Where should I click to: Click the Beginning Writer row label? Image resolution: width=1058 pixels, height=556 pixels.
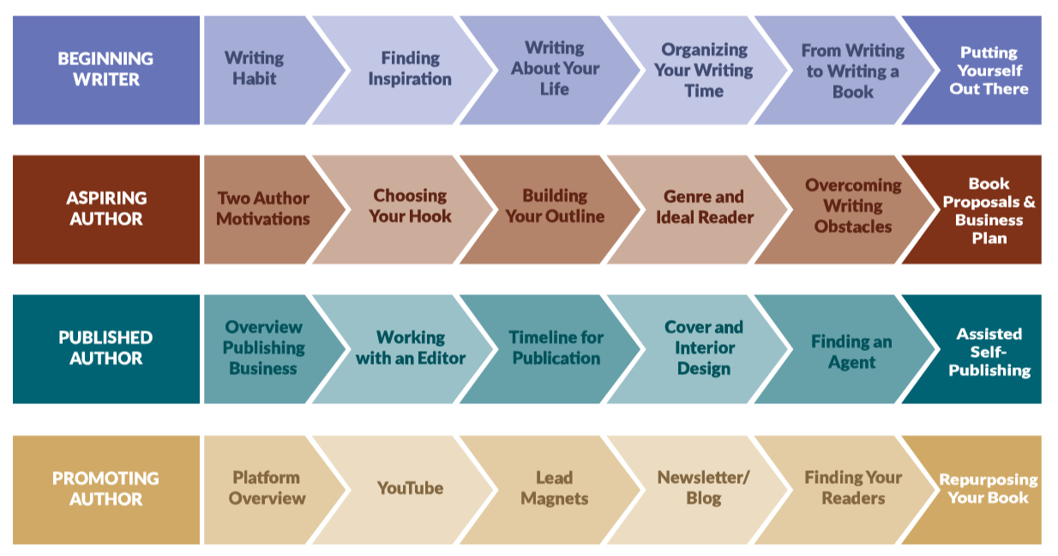coord(105,69)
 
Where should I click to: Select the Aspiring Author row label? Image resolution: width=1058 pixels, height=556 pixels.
coord(105,208)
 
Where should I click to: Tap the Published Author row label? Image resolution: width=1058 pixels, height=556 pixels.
coord(105,348)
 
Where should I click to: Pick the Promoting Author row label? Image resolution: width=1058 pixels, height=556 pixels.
coord(105,488)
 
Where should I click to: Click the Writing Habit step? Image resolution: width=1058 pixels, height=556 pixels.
coord(255,69)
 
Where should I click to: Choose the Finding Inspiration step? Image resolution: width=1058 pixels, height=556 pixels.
coord(410,69)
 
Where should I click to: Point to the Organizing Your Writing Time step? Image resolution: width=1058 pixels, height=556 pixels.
coord(704,70)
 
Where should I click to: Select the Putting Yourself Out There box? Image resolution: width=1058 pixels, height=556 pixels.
coord(989,70)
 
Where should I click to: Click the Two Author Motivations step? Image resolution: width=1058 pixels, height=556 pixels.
coord(263,208)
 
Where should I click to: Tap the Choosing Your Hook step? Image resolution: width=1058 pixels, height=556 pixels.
coord(410,206)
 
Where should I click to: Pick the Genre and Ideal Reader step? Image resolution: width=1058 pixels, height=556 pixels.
coord(705,207)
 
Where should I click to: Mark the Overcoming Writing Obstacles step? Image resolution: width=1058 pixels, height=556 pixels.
coord(853,206)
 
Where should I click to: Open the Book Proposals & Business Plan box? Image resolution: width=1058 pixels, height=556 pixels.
coord(989,210)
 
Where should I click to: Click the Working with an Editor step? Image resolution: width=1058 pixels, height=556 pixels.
coord(410,347)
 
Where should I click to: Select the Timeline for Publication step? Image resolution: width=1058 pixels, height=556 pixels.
coord(556,347)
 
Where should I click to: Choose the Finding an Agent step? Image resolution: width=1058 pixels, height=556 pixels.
coord(851,352)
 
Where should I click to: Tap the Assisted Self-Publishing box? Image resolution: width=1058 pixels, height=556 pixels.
coord(989,352)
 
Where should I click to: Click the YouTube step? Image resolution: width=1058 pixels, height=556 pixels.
coord(410,488)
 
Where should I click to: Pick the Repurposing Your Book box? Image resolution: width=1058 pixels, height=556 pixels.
coord(989,488)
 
